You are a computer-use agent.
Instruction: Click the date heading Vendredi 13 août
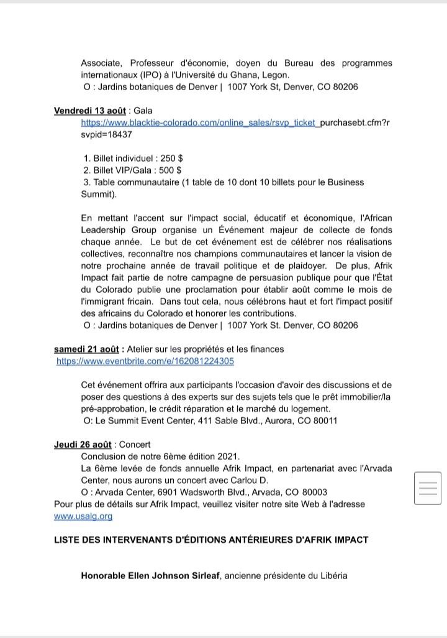pos(90,111)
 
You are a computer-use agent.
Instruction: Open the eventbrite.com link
pos(145,361)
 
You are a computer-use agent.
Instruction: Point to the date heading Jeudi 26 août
pos(83,445)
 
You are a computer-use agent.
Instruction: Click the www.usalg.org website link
pos(83,516)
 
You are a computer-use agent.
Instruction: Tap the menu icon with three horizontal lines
pos(427,488)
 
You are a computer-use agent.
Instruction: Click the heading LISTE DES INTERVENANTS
pos(211,540)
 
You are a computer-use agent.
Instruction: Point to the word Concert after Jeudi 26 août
pos(135,445)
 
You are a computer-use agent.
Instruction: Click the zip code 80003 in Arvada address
pos(315,492)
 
